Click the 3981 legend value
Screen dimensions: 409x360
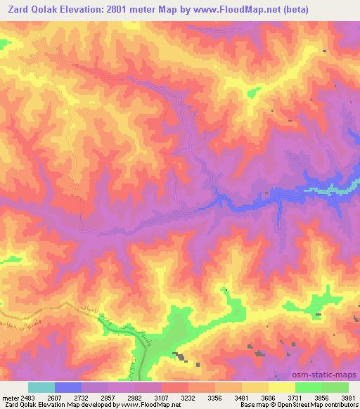[x=347, y=398]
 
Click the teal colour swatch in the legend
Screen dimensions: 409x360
[x=41, y=387]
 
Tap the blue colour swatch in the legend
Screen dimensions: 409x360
[x=68, y=387]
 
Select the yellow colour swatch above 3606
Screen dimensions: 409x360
[x=282, y=387]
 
